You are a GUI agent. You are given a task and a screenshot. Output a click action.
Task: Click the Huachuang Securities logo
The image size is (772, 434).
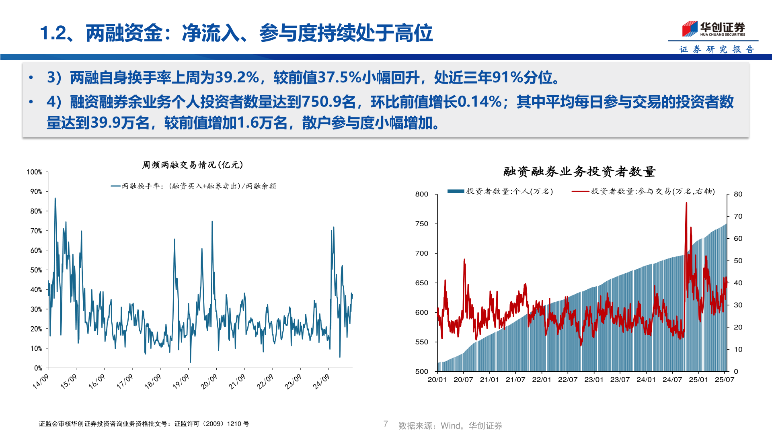pos(713,29)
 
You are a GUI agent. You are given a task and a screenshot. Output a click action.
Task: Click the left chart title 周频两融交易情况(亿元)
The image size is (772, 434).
pos(192,165)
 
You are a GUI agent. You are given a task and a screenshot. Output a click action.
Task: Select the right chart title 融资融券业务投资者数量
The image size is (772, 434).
pos(579,172)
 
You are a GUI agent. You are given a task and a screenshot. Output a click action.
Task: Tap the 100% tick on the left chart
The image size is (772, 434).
pos(35,172)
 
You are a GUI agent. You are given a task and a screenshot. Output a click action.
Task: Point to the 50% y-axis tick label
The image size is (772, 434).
pos(36,270)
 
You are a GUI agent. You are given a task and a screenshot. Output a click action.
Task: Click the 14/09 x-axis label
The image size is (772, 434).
pos(41,381)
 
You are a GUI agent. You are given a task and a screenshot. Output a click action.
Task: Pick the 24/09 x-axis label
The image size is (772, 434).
pos(321,381)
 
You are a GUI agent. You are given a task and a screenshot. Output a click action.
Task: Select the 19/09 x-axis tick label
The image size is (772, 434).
pos(181,381)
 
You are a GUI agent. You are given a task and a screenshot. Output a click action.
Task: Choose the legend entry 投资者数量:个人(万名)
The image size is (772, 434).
pos(501,191)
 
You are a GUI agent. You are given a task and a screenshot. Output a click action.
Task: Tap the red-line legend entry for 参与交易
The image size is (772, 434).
pos(643,191)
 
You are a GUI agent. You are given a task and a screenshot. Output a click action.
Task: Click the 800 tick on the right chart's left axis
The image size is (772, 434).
pos(422,194)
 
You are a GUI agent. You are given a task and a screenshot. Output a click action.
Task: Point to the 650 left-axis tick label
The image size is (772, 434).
pos(422,283)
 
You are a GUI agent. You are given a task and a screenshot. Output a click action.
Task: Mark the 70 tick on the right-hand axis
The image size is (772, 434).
pos(738,216)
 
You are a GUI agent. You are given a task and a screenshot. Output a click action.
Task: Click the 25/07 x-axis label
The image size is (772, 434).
pos(725,380)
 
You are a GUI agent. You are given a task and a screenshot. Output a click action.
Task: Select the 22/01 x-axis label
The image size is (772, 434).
pos(542,380)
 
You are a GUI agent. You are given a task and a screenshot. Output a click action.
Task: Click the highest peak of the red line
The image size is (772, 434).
pos(686,203)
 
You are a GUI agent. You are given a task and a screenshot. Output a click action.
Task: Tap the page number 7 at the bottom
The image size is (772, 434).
pos(386,424)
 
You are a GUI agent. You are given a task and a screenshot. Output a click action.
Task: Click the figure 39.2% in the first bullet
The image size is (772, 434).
pos(237,78)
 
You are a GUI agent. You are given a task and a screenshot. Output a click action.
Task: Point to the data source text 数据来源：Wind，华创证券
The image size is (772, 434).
pos(450,426)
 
